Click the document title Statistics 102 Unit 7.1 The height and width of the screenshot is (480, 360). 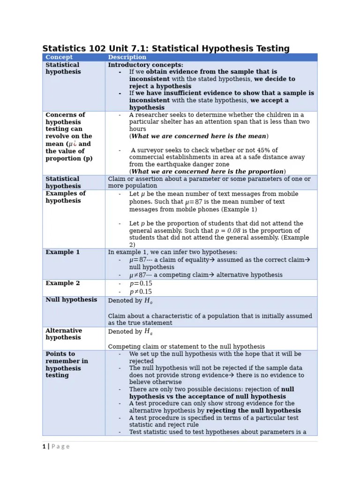tap(166, 49)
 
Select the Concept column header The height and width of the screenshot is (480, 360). tap(59, 57)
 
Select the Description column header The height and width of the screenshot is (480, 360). tap(127, 57)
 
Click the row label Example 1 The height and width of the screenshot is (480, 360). tap(62, 252)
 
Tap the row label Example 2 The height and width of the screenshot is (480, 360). tap(62, 283)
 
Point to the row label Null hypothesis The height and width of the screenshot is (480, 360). tap(71, 300)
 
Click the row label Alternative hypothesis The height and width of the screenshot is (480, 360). tap(64, 334)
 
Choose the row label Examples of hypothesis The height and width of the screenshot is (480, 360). tap(65, 197)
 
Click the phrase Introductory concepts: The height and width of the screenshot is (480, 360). tap(146, 65)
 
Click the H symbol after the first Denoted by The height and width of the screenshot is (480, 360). tap(148, 301)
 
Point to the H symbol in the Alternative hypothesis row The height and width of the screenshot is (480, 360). tap(148, 332)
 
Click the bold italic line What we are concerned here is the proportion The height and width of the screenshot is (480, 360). tap(207, 172)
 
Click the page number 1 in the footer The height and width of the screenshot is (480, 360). tap(44, 447)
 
